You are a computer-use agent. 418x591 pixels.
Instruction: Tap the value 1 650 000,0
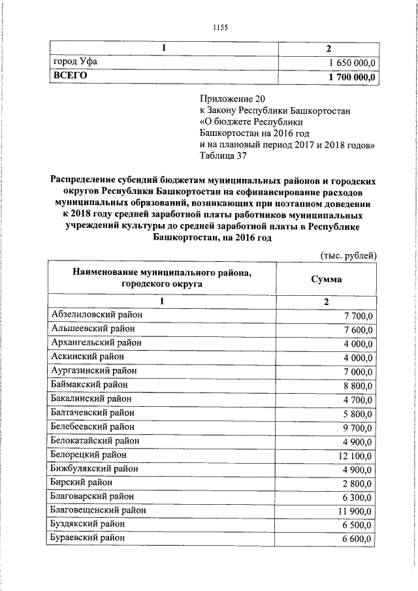click(351, 63)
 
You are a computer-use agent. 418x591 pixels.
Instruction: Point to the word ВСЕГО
click(70, 76)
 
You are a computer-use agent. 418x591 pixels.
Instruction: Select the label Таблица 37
click(223, 155)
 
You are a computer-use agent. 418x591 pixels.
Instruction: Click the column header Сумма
click(328, 279)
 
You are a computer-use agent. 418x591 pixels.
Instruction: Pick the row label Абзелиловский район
click(97, 315)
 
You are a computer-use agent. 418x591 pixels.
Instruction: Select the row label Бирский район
click(81, 482)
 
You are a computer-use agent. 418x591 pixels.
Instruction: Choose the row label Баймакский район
click(89, 385)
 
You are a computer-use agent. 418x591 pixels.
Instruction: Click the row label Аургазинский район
click(93, 370)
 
